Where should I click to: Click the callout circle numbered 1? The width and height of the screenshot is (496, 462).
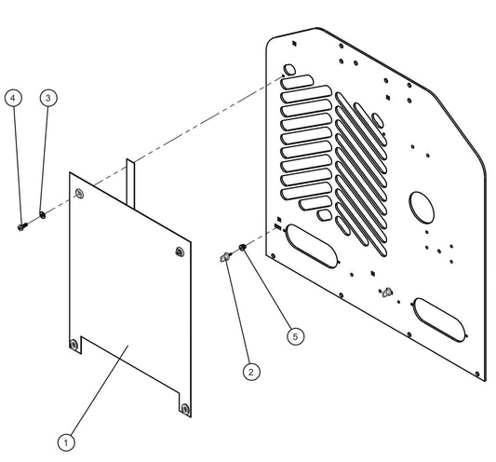click(65, 442)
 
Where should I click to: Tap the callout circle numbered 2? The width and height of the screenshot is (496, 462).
click(250, 371)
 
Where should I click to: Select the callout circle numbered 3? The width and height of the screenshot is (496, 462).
click(48, 97)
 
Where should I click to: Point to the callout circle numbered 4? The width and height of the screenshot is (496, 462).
click(13, 97)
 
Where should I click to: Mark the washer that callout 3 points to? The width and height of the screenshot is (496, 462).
click(42, 220)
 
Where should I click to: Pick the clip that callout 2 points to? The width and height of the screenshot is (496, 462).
click(224, 256)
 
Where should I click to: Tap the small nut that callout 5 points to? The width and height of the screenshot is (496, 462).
click(242, 247)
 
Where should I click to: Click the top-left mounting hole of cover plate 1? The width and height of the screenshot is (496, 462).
click(79, 193)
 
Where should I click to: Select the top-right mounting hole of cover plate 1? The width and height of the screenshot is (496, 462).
click(178, 250)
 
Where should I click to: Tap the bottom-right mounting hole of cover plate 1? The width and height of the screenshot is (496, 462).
click(184, 408)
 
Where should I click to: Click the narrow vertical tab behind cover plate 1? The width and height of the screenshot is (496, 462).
click(132, 177)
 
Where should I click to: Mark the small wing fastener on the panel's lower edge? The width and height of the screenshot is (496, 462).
click(386, 292)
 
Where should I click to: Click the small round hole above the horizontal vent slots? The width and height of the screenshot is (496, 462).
click(289, 69)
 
